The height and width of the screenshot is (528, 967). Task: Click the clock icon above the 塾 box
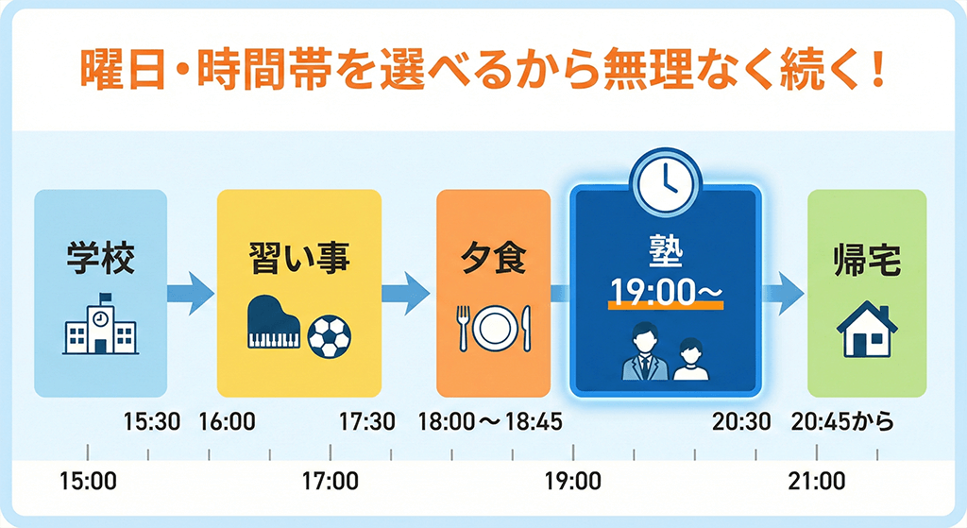(666, 182)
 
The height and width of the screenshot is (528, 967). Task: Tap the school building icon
(100, 324)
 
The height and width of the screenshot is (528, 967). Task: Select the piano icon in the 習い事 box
(274, 323)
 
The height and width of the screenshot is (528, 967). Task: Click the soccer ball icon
(329, 337)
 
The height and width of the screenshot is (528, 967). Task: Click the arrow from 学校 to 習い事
(191, 294)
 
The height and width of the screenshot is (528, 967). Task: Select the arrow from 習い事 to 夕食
(406, 294)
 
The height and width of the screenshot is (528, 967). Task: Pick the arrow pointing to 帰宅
(783, 294)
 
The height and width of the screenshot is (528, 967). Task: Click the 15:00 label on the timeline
(88, 481)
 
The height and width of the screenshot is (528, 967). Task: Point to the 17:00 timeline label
(330, 481)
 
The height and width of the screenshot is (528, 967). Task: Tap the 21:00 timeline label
(817, 481)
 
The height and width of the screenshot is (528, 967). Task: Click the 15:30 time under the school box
(152, 422)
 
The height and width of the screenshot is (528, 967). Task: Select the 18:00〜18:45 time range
(490, 422)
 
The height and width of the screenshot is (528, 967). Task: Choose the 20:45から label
(842, 422)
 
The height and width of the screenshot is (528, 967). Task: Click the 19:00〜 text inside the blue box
(666, 291)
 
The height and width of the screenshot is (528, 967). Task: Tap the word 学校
(100, 259)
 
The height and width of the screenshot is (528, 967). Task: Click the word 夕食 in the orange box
(493, 259)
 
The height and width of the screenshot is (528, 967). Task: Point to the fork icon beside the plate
(463, 328)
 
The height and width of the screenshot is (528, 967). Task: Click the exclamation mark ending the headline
(879, 68)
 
